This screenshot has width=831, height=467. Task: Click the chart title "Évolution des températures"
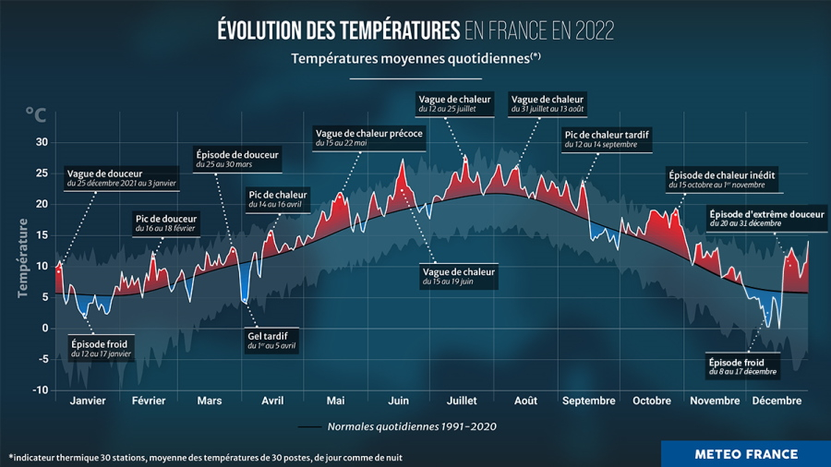338,30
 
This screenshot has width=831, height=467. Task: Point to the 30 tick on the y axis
42,142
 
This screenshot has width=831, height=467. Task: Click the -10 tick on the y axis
40,390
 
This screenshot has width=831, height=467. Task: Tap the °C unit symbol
34,114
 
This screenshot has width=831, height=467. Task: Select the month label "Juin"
399,401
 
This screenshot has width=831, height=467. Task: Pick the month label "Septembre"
588,401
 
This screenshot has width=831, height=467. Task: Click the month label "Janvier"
88,401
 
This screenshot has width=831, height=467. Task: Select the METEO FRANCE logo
745,454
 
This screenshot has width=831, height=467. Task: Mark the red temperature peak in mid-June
403,162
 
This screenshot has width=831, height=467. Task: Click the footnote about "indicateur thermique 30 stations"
206,457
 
